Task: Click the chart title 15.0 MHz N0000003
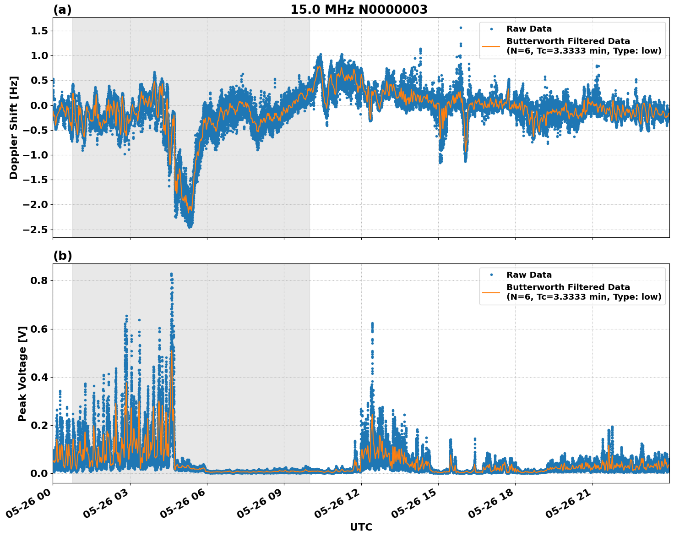359,10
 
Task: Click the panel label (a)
62,10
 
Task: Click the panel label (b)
62,256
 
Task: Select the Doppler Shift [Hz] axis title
14,127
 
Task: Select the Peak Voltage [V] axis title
22,373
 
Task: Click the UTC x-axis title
361,527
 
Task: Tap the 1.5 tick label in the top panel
40,31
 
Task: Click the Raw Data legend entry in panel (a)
529,29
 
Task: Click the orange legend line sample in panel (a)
491,46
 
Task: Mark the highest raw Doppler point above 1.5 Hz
461,27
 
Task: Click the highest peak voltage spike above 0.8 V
171,274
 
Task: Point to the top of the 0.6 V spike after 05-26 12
372,323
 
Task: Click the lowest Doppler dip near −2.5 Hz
190,226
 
